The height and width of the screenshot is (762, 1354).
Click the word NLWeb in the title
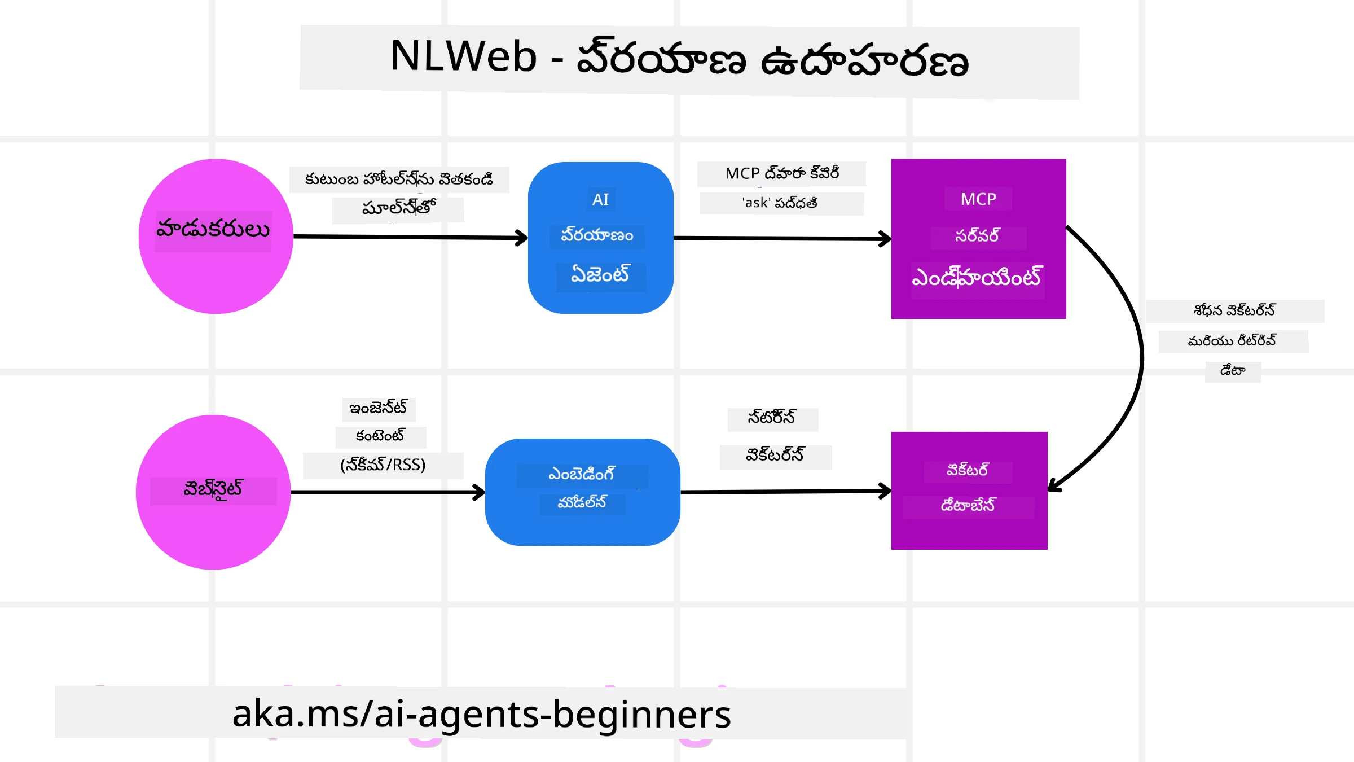pos(463,56)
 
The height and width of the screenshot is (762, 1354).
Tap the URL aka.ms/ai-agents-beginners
pos(481,713)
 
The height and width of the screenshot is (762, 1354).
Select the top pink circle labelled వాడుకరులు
pos(216,265)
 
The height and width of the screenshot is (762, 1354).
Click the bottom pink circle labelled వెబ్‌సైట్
pos(213,525)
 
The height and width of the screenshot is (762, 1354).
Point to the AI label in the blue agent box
pos(600,199)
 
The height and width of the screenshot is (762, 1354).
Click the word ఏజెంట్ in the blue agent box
pos(600,275)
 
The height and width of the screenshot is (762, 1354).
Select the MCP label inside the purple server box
pos(978,199)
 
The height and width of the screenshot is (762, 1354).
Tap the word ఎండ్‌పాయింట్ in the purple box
pos(977,278)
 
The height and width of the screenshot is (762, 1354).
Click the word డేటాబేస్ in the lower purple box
pos(968,505)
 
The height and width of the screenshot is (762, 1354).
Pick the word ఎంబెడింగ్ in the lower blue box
pos(582,474)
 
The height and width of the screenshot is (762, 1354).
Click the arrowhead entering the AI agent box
pos(522,238)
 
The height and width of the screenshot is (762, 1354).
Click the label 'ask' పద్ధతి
pos(780,203)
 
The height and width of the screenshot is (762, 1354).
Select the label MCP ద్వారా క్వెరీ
pos(782,173)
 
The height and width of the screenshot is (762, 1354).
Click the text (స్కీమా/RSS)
pos(383,465)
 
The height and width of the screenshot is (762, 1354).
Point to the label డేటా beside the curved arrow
pos(1233,371)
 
